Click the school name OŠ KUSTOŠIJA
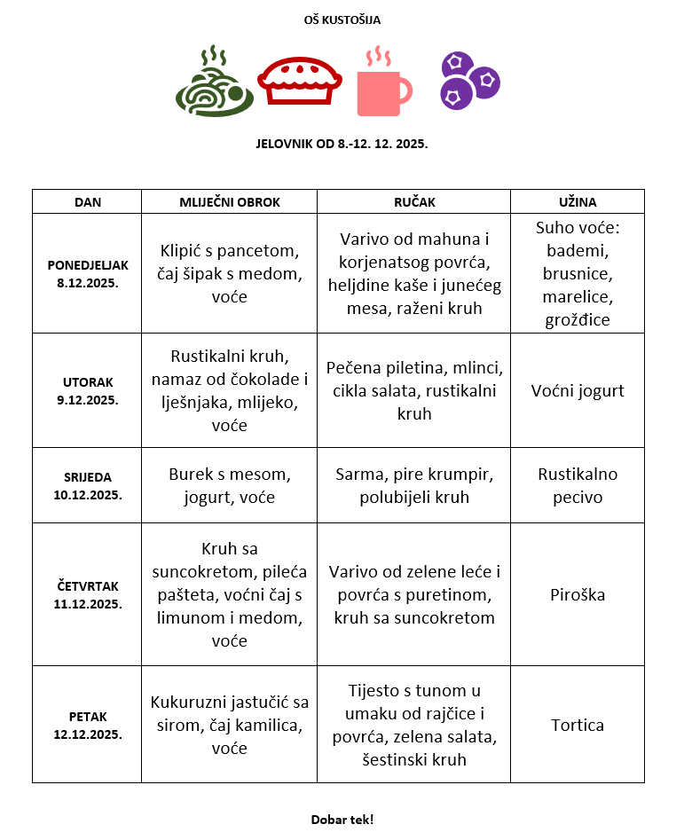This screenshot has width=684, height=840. (342, 20)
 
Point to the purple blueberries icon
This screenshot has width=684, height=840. (469, 81)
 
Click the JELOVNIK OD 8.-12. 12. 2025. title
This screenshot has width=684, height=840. (342, 143)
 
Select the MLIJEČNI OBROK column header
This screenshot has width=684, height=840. (229, 202)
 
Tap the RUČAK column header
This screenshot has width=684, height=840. (414, 202)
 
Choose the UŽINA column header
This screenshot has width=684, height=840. (577, 202)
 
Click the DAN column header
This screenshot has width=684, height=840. (87, 202)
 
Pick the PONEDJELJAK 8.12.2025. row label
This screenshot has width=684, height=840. (87, 273)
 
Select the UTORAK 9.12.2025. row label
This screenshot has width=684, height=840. (87, 390)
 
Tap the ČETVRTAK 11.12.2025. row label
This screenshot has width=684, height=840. (87, 594)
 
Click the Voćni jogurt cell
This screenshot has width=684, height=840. (577, 390)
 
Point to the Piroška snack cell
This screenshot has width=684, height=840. (577, 594)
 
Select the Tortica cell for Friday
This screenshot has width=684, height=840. (577, 725)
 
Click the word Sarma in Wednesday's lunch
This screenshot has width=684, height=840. (358, 475)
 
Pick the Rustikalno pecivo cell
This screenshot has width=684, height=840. (577, 485)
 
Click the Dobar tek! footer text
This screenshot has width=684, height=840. (342, 819)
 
